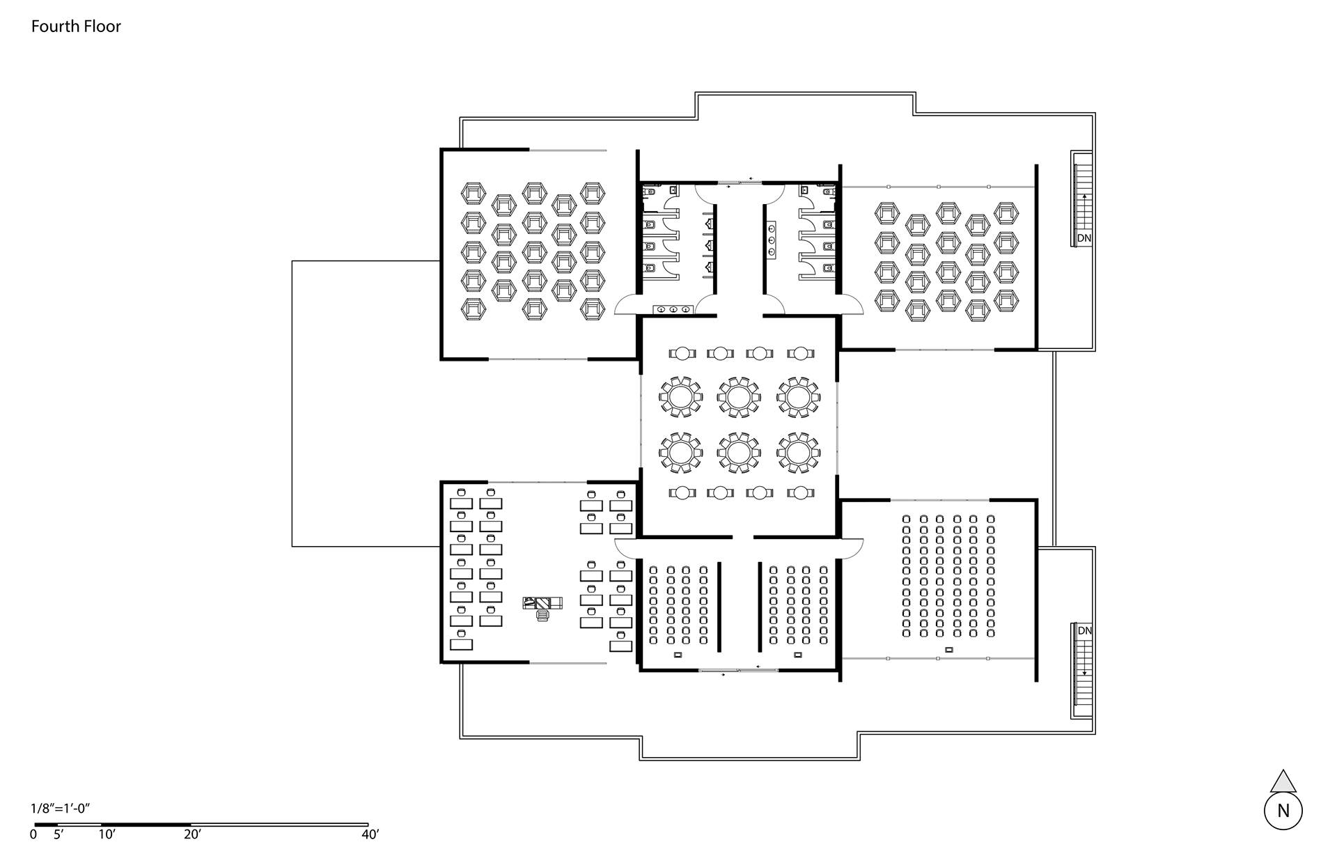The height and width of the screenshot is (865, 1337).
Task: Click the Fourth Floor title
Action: (x=76, y=26)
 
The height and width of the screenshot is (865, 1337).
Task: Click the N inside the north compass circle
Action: (x=1283, y=811)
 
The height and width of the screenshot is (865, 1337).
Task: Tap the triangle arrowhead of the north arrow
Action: (x=1283, y=781)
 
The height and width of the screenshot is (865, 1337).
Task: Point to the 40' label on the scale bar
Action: (x=369, y=834)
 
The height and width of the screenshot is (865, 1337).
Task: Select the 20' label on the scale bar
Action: (x=192, y=834)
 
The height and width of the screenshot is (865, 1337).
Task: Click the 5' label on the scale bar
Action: (x=58, y=834)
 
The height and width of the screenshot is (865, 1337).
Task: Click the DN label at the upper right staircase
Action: (x=1084, y=238)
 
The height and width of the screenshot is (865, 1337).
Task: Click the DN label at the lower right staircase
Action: (x=1084, y=631)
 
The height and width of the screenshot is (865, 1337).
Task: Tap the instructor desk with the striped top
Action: (x=542, y=603)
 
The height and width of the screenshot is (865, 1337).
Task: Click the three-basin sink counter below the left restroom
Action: (x=672, y=309)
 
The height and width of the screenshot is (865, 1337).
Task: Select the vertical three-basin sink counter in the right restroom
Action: (x=772, y=240)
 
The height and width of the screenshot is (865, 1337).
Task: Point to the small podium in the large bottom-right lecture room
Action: (x=948, y=650)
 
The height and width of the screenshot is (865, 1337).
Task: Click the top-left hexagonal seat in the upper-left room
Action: (x=474, y=193)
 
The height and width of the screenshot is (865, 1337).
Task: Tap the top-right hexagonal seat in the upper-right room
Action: (x=1006, y=213)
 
